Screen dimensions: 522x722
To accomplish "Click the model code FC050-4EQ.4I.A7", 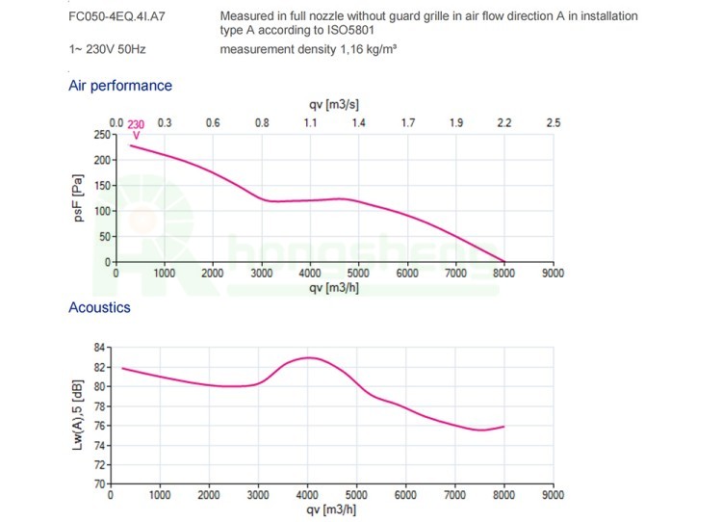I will [x=110, y=16].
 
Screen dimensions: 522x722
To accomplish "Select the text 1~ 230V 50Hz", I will [x=106, y=47].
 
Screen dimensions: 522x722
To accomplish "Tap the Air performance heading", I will [x=120, y=86].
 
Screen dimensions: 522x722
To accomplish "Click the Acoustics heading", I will [x=99, y=308].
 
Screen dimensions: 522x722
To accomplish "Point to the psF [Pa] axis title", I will [x=79, y=197].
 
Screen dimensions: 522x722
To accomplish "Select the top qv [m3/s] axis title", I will [x=334, y=104].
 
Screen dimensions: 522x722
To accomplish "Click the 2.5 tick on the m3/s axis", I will [x=553, y=123].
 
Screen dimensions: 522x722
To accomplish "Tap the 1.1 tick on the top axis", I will [x=310, y=123].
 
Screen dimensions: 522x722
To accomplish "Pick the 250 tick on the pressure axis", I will [x=102, y=135].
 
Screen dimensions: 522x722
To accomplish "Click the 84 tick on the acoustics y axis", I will [x=104, y=347].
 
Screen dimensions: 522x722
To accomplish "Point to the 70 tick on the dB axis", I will [x=104, y=483].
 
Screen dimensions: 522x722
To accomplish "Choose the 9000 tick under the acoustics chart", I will [x=553, y=495].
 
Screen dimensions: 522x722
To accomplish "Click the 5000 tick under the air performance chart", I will [x=358, y=274].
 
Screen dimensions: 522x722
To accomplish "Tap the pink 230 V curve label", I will [x=136, y=129].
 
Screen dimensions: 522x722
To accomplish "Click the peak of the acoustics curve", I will [x=308, y=357].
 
